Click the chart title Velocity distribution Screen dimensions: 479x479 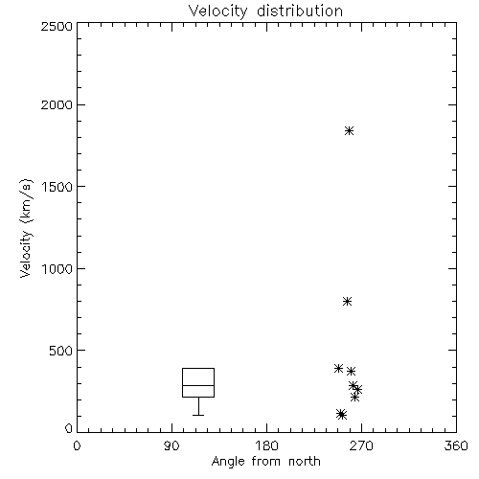[x=265, y=11]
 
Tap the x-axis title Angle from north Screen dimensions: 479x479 [x=265, y=461]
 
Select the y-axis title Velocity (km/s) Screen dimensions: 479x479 [x=26, y=228]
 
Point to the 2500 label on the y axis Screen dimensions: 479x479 [x=57, y=26]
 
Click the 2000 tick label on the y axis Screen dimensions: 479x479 [x=57, y=104]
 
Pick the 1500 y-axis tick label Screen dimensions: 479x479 [x=57, y=187]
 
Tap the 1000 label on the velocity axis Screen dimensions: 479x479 [x=57, y=269]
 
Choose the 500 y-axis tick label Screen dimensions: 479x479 [x=60, y=351]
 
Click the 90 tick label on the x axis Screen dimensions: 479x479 [x=171, y=445]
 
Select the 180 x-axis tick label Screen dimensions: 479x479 [x=266, y=445]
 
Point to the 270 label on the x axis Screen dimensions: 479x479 [x=361, y=445]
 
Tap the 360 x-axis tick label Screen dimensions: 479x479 [x=456, y=445]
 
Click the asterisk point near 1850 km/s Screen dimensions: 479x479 [x=349, y=130]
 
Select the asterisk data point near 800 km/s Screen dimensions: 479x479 [x=347, y=301]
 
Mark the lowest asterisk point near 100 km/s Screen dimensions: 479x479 [x=342, y=415]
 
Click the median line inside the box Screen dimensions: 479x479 [x=198, y=385]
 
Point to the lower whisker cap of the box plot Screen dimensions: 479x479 [x=198, y=415]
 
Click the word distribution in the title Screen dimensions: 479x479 [x=300, y=11]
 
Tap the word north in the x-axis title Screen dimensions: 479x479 [x=305, y=461]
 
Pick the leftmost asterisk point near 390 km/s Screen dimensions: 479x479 [x=338, y=368]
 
